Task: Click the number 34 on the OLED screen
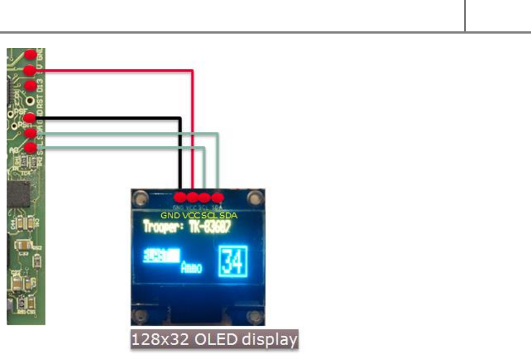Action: click(233, 261)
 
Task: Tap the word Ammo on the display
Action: click(191, 268)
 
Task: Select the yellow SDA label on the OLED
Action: click(228, 215)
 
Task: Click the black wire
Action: click(110, 117)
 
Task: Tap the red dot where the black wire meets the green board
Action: click(31, 118)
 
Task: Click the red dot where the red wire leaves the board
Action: click(30, 70)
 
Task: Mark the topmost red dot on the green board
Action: click(31, 54)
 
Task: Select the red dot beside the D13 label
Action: click(31, 86)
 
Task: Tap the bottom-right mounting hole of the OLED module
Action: click(255, 317)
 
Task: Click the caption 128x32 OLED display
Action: click(214, 340)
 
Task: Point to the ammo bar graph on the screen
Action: click(161, 255)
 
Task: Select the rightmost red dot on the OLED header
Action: click(217, 197)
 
